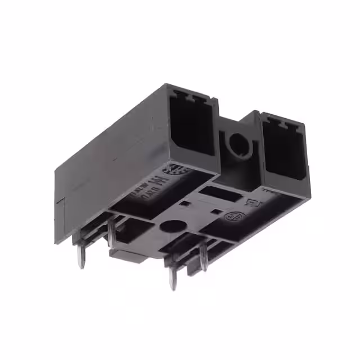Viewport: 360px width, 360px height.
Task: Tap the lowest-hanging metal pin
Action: click(x=172, y=278)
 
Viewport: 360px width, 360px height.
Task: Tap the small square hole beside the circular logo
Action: click(x=217, y=211)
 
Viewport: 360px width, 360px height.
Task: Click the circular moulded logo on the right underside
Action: click(x=232, y=217)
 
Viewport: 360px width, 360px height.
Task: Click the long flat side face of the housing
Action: click(x=107, y=152)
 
